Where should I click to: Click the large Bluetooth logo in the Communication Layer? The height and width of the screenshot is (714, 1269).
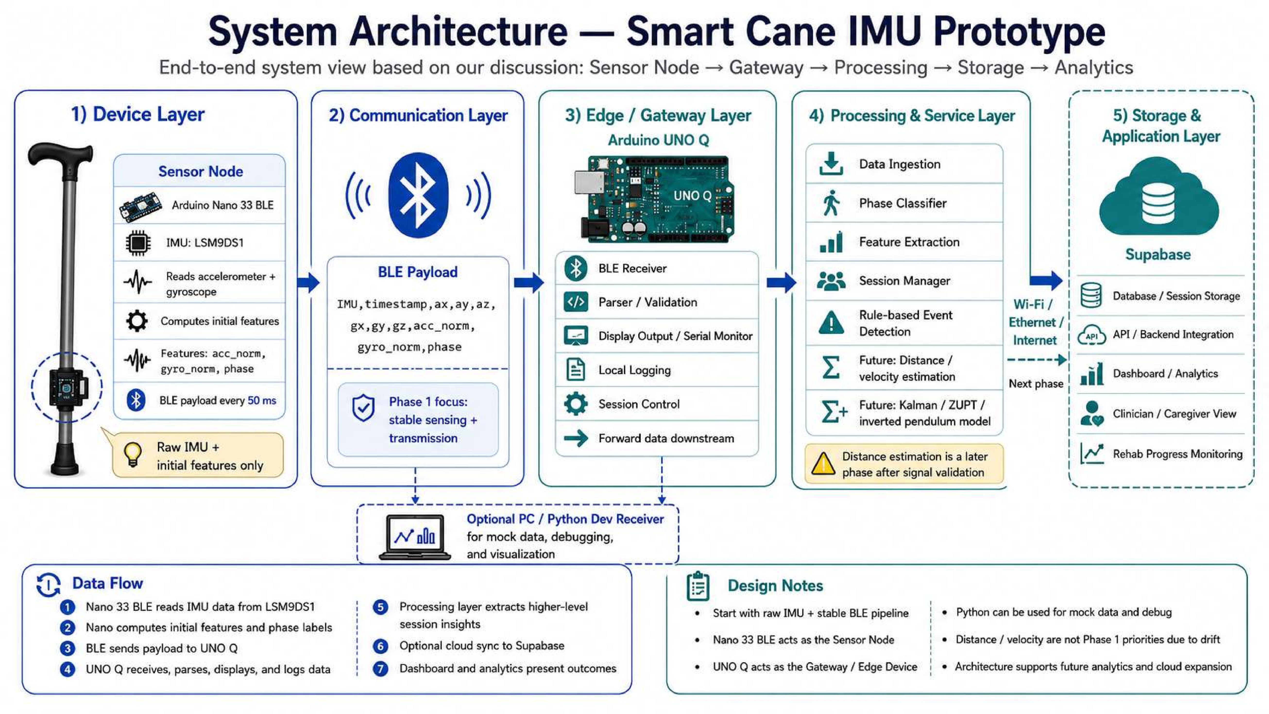pyautogui.click(x=418, y=195)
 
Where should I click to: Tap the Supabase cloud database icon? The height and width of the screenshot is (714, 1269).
pyautogui.click(x=1159, y=197)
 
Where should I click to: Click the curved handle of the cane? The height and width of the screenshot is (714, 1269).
pyautogui.click(x=60, y=154)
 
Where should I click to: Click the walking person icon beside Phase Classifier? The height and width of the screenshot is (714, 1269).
pyautogui.click(x=831, y=203)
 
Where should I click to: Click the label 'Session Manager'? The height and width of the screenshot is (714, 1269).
pyautogui.click(x=904, y=281)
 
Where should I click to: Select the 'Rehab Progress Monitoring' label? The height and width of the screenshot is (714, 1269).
pyautogui.click(x=1177, y=454)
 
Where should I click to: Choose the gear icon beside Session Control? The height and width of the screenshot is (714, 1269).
pyautogui.click(x=575, y=404)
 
